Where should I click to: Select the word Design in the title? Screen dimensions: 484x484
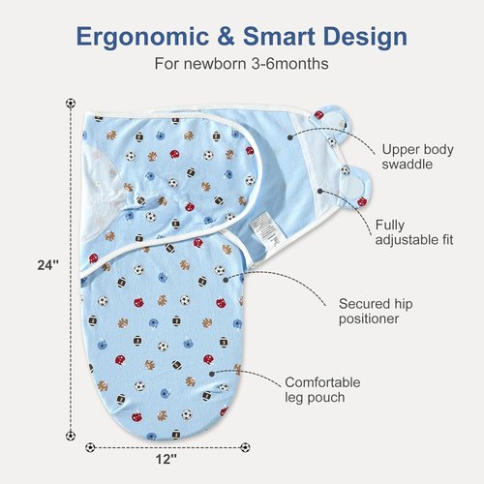(365, 38)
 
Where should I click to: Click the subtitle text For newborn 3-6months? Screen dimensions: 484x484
(241, 63)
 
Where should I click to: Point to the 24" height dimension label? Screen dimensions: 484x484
(48, 265)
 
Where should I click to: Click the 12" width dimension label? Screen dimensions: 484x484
(166, 459)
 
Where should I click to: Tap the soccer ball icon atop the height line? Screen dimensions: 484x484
(71, 104)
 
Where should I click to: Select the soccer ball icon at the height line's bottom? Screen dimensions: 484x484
(71, 436)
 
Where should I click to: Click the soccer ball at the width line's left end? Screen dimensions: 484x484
(90, 447)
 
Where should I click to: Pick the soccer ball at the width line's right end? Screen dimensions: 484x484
(245, 447)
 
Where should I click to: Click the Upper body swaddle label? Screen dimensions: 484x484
(417, 157)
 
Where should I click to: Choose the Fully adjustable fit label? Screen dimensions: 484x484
(414, 232)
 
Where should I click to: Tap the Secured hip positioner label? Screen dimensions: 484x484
(376, 311)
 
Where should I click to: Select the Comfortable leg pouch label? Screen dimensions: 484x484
(322, 390)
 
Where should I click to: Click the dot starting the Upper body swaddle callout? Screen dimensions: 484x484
(289, 137)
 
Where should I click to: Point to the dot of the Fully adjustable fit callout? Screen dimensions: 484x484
(319, 192)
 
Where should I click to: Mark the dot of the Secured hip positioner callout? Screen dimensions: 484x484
(226, 280)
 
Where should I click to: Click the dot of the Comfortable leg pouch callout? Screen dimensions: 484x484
(212, 374)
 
